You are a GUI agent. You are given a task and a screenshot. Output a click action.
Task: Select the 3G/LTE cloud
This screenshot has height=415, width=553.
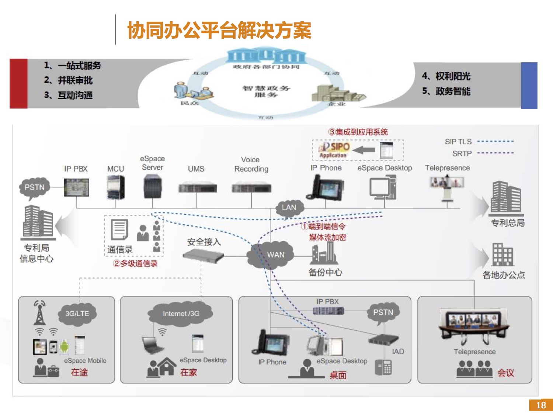[77, 314]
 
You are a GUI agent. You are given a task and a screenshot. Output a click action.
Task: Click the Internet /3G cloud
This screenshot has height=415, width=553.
[181, 314]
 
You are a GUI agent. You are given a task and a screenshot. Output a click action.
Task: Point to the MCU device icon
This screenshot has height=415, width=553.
[115, 187]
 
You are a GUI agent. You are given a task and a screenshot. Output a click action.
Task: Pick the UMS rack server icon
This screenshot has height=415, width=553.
[197, 188]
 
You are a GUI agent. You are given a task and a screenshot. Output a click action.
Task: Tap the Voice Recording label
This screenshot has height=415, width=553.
[251, 165]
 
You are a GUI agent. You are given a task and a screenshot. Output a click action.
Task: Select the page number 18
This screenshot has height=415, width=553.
[540, 405]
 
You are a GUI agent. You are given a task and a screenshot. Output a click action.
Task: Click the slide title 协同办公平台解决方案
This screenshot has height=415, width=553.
[219, 30]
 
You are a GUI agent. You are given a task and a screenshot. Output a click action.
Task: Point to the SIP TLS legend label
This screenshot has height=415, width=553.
[458, 142]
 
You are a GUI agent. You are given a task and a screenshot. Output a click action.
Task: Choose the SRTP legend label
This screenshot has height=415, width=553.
[462, 153]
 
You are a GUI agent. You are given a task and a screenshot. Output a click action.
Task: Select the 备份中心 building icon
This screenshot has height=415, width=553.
[324, 253]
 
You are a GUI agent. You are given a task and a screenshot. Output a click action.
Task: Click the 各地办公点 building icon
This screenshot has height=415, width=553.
[502, 255]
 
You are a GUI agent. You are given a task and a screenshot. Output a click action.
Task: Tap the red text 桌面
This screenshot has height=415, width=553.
[338, 375]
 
